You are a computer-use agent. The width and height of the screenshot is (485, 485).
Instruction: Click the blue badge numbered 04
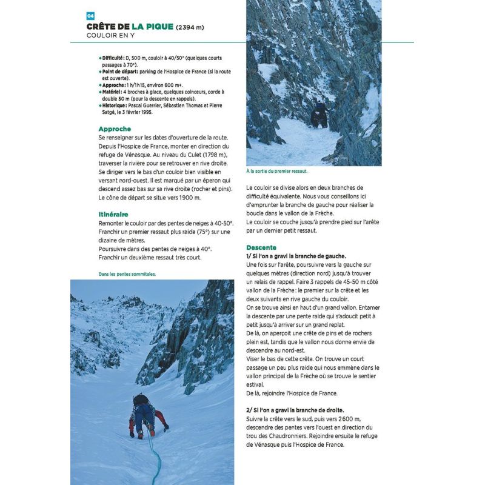(90, 16)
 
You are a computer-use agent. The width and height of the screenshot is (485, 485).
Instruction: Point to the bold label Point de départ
(119, 72)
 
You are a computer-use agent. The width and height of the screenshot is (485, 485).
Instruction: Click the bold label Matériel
(113, 92)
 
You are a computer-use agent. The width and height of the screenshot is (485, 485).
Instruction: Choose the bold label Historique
(115, 105)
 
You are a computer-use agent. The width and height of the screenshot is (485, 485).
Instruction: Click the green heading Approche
(115, 129)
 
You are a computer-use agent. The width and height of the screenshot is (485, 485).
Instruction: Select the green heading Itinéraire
(113, 214)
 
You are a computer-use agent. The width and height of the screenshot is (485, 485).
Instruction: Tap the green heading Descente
(261, 247)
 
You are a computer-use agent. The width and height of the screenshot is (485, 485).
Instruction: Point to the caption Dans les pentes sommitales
(127, 273)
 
